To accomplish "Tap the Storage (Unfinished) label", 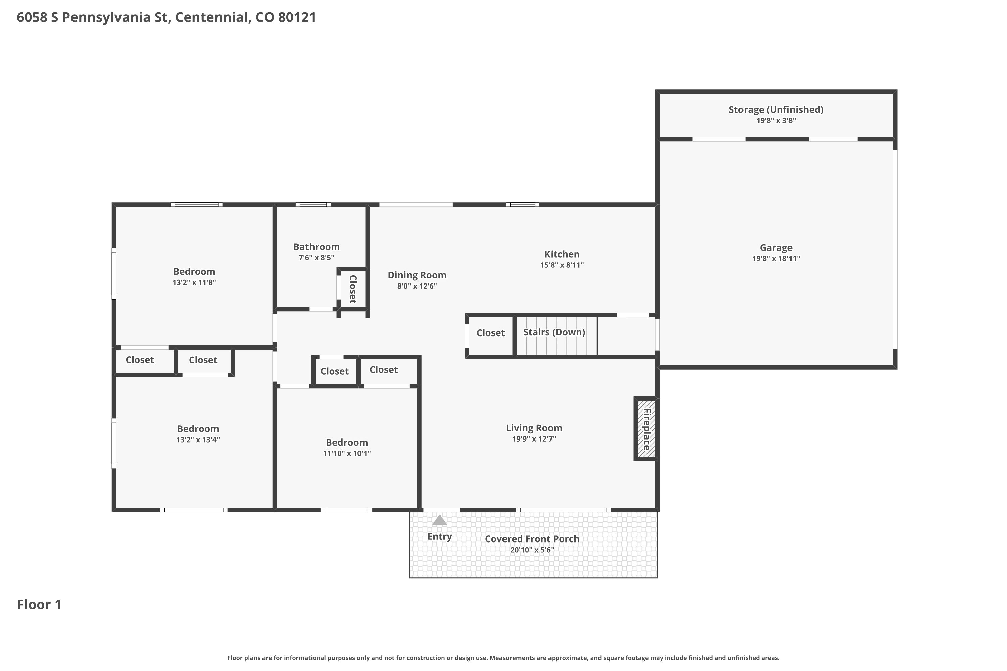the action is click(x=776, y=110).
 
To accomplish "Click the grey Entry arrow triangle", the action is click(x=439, y=520).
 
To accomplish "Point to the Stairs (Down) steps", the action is click(x=556, y=335).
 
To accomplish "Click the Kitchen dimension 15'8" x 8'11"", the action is click(x=562, y=265).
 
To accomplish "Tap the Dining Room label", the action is click(x=417, y=275).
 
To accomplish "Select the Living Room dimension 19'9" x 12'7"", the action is click(x=534, y=438).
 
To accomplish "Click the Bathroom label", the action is click(x=317, y=247).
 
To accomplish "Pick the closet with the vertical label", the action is click(x=353, y=289).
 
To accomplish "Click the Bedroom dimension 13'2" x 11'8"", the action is click(x=194, y=282).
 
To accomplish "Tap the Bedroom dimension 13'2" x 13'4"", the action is click(x=198, y=440).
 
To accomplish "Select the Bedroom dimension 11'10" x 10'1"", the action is click(x=347, y=453).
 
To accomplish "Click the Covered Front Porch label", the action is click(x=532, y=539).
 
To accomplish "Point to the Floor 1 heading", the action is click(x=39, y=604).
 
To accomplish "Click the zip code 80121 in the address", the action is click(x=297, y=17).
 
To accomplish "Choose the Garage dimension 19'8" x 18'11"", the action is click(x=776, y=258).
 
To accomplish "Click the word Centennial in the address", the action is click(x=211, y=17).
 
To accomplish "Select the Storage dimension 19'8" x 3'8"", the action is click(x=776, y=121).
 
